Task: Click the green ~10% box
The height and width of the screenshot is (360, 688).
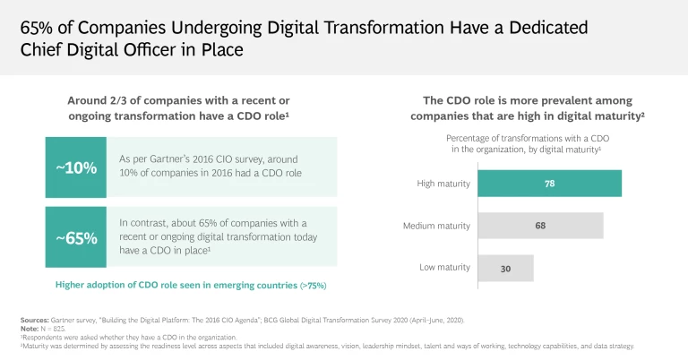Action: tap(76, 167)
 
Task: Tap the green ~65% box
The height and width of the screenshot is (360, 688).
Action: tap(76, 238)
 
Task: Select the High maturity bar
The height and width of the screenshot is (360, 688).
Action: tap(549, 183)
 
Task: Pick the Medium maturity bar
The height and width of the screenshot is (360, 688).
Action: tap(540, 226)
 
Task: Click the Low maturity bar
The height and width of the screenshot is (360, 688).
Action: tap(505, 268)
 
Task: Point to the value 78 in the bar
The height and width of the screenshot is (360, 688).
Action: tap(549, 183)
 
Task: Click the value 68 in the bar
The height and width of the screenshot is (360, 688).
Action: tap(540, 226)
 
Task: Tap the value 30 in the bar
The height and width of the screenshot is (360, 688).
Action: tap(505, 268)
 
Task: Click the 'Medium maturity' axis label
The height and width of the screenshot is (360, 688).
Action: tap(437, 226)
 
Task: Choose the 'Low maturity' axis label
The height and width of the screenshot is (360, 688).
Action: tap(445, 268)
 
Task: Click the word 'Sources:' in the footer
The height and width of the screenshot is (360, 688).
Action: tap(35, 320)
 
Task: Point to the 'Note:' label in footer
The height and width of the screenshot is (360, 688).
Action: tap(29, 329)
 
